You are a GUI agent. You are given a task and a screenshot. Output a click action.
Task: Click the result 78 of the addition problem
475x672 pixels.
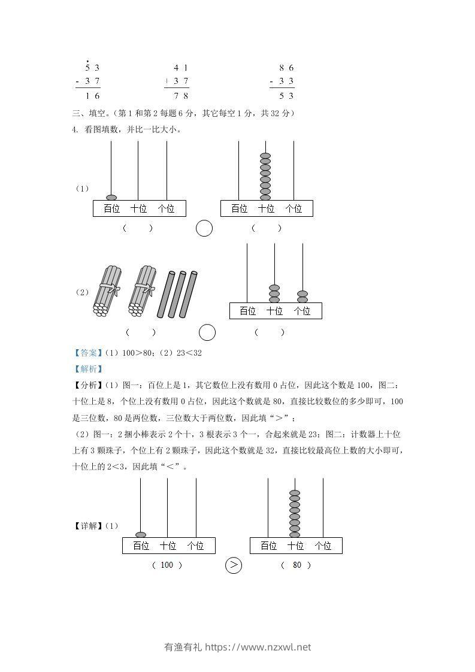[180, 95]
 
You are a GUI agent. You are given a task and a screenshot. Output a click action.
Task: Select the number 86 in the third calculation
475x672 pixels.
[286, 68]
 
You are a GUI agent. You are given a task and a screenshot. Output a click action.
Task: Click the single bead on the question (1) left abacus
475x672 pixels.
[111, 198]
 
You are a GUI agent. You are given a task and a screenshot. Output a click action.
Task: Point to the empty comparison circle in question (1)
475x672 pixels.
[204, 228]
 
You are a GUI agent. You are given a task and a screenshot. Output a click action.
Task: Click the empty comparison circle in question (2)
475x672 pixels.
[207, 332]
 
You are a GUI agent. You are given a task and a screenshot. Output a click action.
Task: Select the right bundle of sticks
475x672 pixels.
[142, 290]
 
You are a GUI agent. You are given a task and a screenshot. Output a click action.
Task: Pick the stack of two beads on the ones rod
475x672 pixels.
[302, 296]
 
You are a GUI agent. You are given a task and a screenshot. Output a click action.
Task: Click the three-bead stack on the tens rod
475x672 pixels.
[274, 293]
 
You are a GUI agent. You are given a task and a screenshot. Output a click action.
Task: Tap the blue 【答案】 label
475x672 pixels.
[86, 353]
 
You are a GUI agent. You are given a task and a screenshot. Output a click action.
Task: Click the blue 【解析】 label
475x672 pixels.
[86, 369]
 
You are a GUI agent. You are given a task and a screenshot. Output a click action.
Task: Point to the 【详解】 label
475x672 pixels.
[87, 526]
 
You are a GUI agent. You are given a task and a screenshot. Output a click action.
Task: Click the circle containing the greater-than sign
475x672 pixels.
[234, 565]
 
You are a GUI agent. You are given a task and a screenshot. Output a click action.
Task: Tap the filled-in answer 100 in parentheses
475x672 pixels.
[167, 565]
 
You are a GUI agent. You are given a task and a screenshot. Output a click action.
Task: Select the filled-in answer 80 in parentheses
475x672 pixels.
[297, 565]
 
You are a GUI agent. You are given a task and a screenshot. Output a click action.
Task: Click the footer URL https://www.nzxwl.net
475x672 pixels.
[258, 647]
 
